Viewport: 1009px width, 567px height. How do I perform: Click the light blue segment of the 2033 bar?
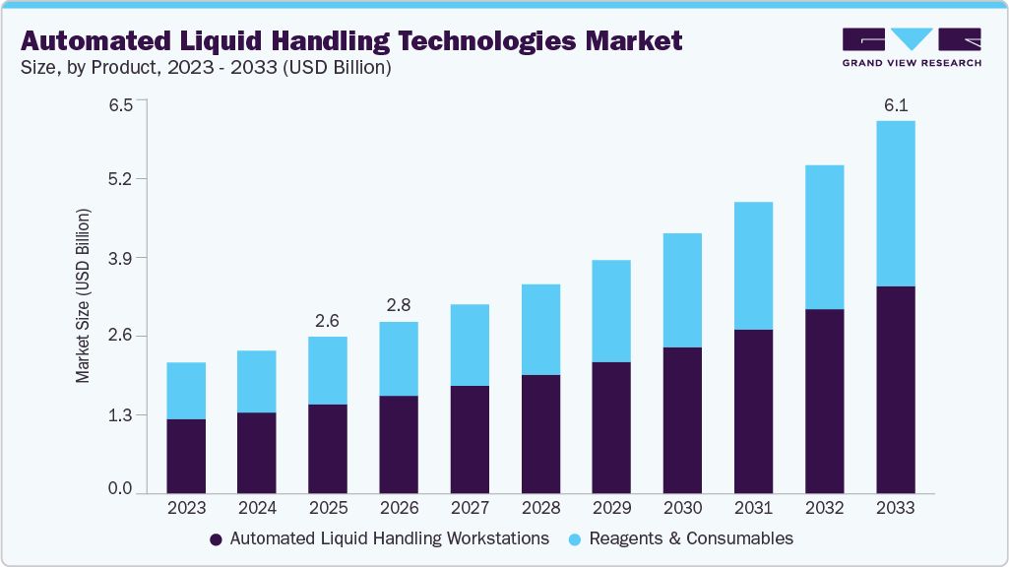pyautogui.click(x=895, y=203)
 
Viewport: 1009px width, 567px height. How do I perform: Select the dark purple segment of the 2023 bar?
pyautogui.click(x=186, y=455)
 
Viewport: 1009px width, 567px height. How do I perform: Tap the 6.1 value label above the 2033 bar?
pyautogui.click(x=895, y=105)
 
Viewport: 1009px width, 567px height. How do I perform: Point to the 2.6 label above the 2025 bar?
pyautogui.click(x=328, y=321)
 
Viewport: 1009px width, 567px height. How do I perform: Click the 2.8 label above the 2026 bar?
pyautogui.click(x=399, y=306)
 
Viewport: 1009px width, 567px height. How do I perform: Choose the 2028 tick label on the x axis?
pyautogui.click(x=540, y=508)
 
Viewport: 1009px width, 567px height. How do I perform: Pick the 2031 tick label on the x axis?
pyautogui.click(x=753, y=508)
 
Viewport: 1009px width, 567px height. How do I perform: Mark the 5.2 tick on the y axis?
pyautogui.click(x=121, y=179)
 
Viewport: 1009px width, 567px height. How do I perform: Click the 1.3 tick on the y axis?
pyautogui.click(x=121, y=415)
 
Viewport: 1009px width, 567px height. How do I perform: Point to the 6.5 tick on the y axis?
pyautogui.click(x=121, y=101)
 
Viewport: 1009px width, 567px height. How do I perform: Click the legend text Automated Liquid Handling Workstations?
pyautogui.click(x=389, y=538)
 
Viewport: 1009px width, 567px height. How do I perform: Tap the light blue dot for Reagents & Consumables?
pyautogui.click(x=576, y=539)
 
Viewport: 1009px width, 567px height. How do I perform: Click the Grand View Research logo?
pyautogui.click(x=912, y=46)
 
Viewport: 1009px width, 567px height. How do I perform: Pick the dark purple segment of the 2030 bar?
pyautogui.click(x=682, y=419)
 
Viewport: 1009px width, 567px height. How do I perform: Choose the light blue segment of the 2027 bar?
pyautogui.click(x=470, y=345)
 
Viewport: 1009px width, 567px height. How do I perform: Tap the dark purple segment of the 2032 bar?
pyautogui.click(x=824, y=401)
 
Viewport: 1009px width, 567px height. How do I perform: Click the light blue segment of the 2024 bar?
pyautogui.click(x=257, y=381)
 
